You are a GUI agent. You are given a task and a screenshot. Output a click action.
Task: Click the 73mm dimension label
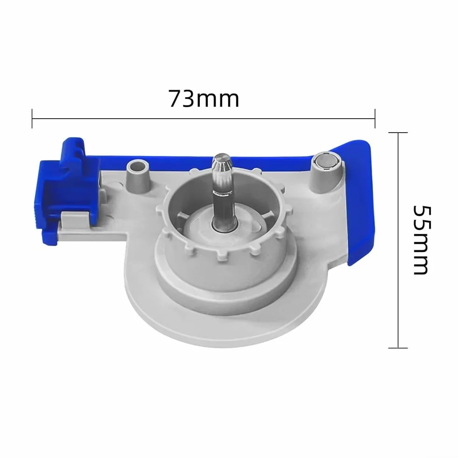pyautogui.click(x=204, y=99)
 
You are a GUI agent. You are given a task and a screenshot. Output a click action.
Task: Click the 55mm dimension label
pyautogui.click(x=421, y=240)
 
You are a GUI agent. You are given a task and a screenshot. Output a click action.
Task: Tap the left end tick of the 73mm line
pyautogui.click(x=32, y=118)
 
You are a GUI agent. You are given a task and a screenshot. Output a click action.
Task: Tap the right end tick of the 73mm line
pyautogui.click(x=375, y=118)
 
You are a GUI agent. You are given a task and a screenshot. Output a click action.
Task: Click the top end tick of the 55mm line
pyautogui.click(x=398, y=133)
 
